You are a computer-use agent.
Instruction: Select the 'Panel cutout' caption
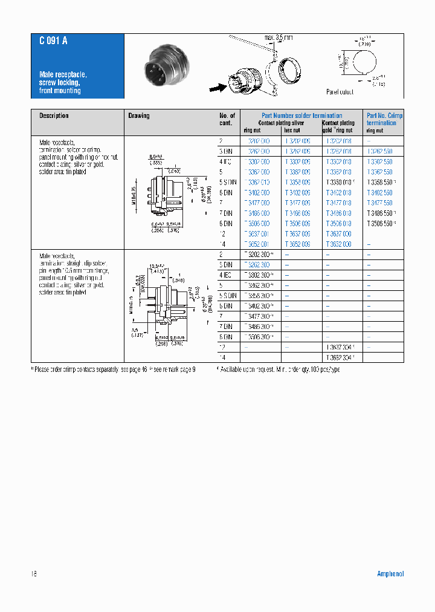click(x=340, y=92)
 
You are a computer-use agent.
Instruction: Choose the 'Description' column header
click(x=54, y=116)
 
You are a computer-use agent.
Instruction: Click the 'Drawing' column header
click(x=139, y=116)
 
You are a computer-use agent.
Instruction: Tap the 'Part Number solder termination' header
click(x=301, y=116)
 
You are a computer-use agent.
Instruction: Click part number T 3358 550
click(x=380, y=182)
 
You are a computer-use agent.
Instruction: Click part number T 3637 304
click(x=340, y=347)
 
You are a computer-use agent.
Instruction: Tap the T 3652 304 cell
click(x=340, y=357)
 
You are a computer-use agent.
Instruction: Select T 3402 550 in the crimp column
click(x=379, y=192)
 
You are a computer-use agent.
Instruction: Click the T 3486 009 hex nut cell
click(x=297, y=213)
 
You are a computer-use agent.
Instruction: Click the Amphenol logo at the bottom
click(x=390, y=574)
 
